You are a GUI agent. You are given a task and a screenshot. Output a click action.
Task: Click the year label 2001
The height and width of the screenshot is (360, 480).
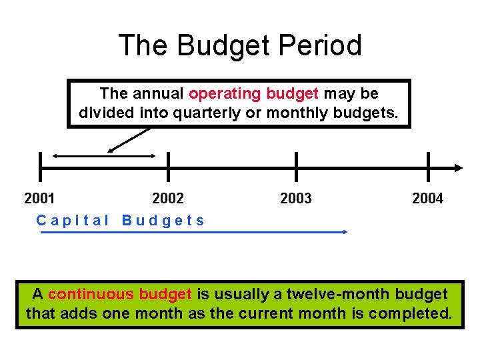(x=39, y=198)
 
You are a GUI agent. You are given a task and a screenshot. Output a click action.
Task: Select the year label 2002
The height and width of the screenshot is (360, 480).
(x=168, y=198)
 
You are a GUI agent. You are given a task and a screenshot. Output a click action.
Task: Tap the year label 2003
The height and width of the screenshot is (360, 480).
(x=296, y=198)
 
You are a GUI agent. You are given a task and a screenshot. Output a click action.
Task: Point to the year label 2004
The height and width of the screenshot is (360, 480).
(x=427, y=198)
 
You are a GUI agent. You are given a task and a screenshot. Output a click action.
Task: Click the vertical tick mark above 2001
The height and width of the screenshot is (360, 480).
(x=40, y=167)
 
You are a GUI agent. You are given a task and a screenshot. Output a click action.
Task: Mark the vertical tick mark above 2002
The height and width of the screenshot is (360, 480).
(x=168, y=167)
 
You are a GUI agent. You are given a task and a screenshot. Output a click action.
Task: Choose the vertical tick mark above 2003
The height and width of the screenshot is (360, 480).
(x=296, y=167)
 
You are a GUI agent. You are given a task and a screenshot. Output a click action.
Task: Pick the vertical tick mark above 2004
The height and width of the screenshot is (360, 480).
(x=427, y=167)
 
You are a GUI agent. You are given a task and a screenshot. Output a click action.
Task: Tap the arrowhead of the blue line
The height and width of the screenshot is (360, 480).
(x=345, y=232)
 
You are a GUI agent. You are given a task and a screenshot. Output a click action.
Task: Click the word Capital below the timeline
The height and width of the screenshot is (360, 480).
(x=73, y=220)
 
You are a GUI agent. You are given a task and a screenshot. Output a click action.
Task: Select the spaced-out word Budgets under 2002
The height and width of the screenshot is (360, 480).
(x=163, y=220)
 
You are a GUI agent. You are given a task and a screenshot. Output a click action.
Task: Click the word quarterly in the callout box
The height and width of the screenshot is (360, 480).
(x=207, y=113)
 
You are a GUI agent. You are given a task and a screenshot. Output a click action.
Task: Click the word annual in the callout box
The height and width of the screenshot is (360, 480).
(x=160, y=93)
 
